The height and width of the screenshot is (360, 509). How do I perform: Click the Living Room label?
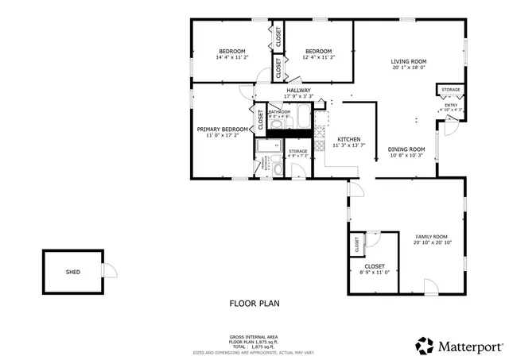(409, 61)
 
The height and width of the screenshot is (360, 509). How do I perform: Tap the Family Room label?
(431, 237)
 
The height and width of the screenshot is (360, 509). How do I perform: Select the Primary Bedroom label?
(223, 130)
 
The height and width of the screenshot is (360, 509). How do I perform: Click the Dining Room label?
(406, 149)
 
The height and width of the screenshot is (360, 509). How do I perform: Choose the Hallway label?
(299, 91)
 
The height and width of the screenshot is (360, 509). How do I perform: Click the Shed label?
(72, 272)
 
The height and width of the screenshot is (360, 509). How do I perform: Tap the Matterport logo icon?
(424, 346)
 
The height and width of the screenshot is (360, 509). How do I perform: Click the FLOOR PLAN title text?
(254, 303)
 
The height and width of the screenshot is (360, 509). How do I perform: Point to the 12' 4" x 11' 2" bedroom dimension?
(318, 57)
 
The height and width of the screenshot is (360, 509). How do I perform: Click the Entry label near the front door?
(451, 105)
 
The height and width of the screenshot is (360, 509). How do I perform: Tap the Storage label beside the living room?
(451, 90)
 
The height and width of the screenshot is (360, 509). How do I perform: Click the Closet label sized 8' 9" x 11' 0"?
(375, 266)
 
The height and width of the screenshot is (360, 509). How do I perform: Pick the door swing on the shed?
(110, 272)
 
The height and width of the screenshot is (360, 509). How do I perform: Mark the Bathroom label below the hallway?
(279, 112)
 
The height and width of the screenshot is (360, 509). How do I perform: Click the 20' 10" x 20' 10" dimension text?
(431, 243)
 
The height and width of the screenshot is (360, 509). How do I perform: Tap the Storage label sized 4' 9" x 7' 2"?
(297, 151)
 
